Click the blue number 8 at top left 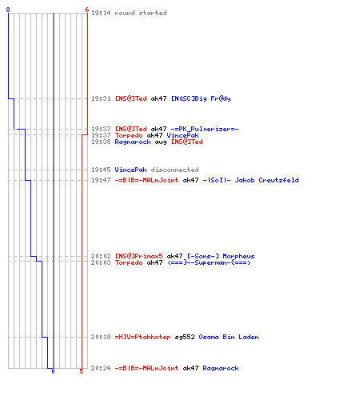coord(8,10)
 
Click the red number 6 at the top coord(87,10)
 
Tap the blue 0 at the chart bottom coord(53,371)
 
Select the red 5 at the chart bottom coord(82,371)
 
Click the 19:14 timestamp coord(101,13)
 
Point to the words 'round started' coord(141,13)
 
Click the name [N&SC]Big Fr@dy coord(201,98)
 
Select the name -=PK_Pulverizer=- coord(205,129)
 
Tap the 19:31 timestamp coord(101,98)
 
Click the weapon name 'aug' coord(161,142)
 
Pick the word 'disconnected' coord(175,170)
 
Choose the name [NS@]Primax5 coord(139,256)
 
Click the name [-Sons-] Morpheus coord(221,256)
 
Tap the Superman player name coord(210,262)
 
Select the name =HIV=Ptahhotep coord(142,337)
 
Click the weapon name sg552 coord(185,338)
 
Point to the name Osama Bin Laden coord(229,337)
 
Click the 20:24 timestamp coord(101,368)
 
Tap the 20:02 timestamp coord(101,256)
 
